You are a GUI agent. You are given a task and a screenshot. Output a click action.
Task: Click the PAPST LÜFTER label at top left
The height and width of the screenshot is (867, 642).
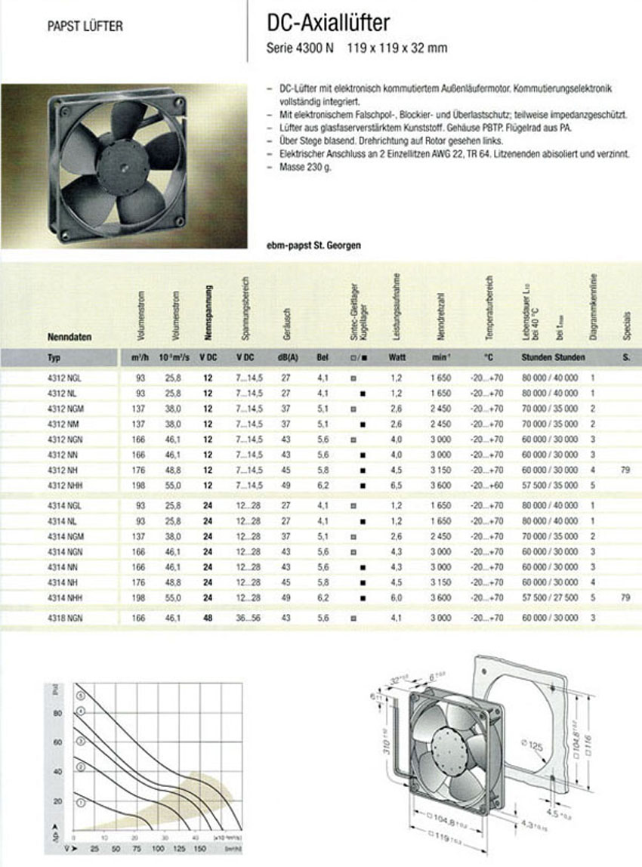85,26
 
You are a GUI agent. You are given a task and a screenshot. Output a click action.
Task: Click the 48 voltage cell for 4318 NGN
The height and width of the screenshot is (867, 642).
208,618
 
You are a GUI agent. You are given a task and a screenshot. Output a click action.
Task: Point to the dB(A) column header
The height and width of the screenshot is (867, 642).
286,357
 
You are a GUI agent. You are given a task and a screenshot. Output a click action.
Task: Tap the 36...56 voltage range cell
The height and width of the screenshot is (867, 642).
248,618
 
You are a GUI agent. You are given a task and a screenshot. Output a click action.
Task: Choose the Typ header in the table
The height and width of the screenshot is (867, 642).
54,357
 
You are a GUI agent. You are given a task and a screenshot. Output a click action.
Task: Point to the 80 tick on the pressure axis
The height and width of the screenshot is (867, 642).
57,712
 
